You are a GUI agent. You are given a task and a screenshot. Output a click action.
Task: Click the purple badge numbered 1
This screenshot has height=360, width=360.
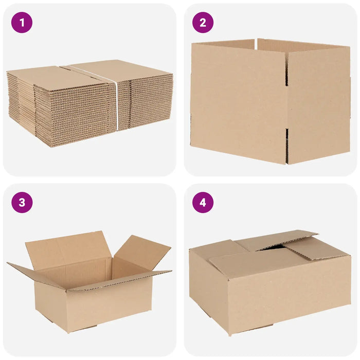pos(22,23)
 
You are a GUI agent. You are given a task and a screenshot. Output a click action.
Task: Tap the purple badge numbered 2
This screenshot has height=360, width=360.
pos(203,23)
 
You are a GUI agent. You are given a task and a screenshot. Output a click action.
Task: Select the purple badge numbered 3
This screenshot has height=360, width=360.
pos(22,203)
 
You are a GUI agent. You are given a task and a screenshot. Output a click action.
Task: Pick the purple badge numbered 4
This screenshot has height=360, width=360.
pos(203,203)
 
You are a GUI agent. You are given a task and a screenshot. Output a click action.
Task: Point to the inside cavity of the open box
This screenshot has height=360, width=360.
pos(90,273)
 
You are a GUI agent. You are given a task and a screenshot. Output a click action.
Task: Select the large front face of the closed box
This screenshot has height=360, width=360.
pos(288,298)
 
